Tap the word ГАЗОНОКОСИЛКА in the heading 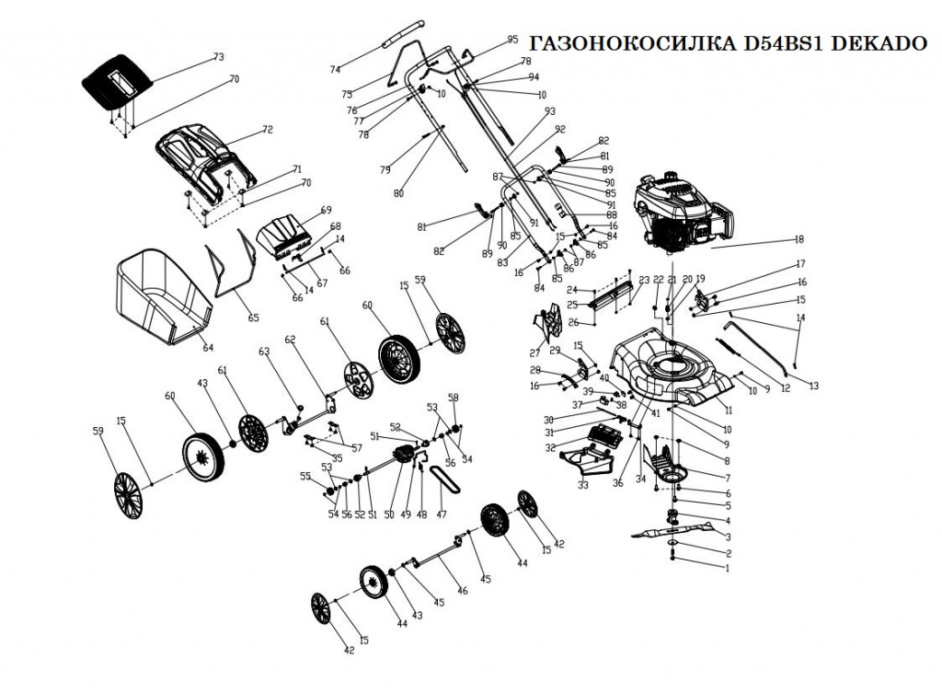coord(634,45)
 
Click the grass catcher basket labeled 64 coord(163,296)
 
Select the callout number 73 coord(218,57)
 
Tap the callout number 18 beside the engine coord(799,239)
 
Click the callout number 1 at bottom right coord(728,569)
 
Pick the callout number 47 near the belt coord(441,514)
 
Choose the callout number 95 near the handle coord(512,40)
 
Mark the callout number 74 coord(335,70)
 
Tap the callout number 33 coord(582,484)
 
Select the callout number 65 coord(254,318)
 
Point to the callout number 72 coord(268,130)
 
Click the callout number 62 coord(291,339)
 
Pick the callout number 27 coord(534,352)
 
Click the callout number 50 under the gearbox coord(389,514)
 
